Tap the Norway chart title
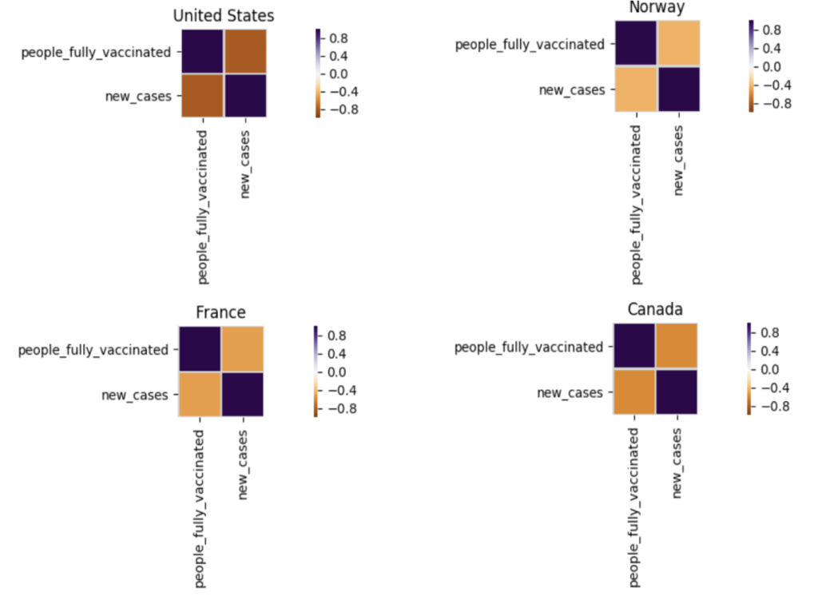657,7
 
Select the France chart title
220,312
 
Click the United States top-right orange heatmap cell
244,51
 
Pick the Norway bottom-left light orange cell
636,89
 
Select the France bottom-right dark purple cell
242,394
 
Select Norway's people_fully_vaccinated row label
530,45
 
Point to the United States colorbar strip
317,74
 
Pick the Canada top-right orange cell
677,346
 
